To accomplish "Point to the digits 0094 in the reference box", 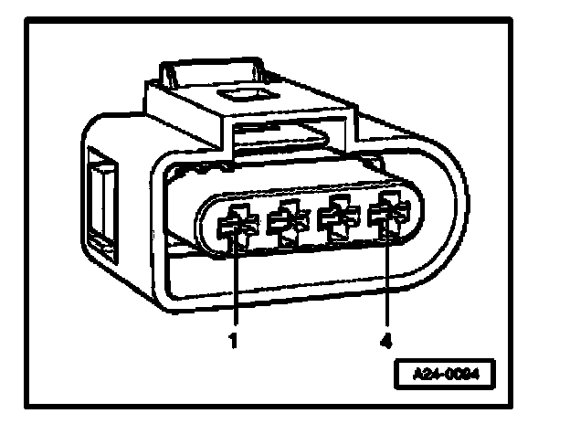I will point(463,375).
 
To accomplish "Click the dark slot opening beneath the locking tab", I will point(274,137).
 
